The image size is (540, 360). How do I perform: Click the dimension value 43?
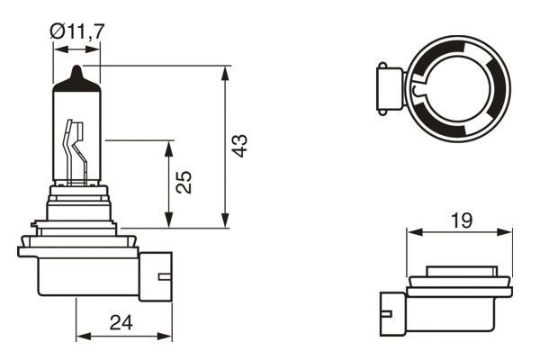point(239,147)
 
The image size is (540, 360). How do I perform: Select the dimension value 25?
point(183,183)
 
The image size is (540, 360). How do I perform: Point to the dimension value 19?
point(460,220)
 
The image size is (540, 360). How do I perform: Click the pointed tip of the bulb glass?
point(76,70)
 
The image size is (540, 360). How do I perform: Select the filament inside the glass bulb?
point(74,148)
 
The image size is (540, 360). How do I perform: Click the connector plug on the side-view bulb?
point(156,274)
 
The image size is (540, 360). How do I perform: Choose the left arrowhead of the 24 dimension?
point(82,337)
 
